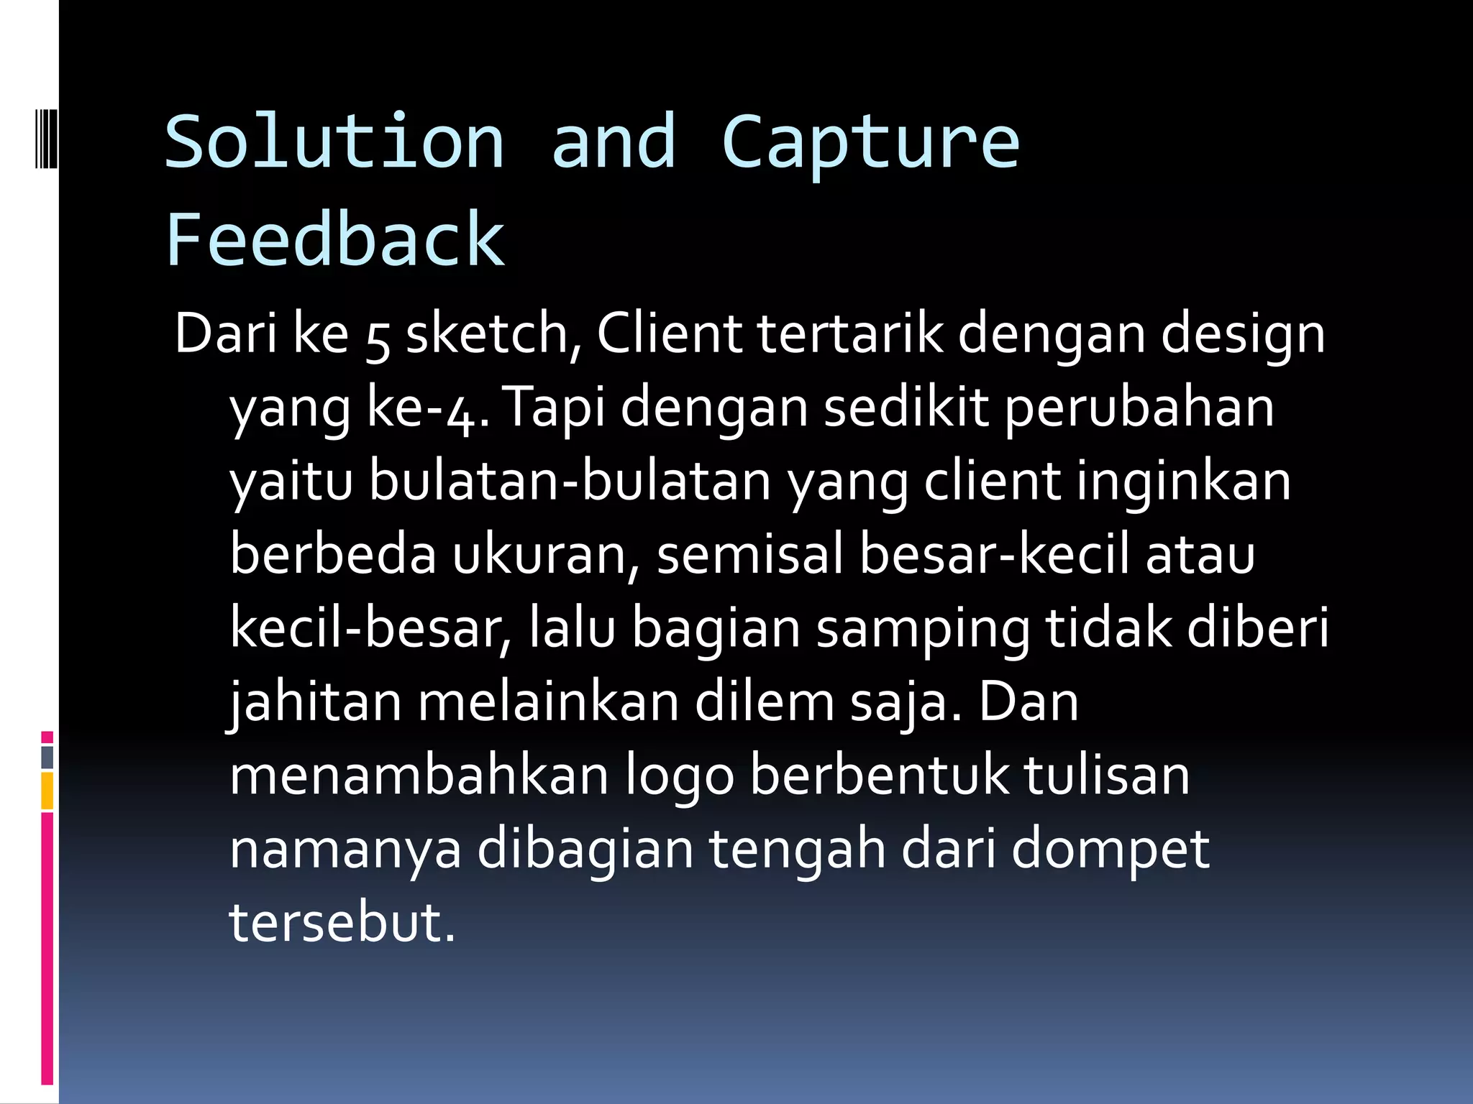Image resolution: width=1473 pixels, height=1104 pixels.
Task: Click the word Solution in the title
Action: [334, 142]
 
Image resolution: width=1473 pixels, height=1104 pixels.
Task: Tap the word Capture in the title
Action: [870, 144]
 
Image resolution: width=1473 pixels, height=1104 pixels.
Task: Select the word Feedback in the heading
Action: [335, 239]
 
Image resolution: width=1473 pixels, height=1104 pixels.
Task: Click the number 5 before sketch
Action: [378, 338]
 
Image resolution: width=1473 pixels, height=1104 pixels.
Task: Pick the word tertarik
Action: [850, 334]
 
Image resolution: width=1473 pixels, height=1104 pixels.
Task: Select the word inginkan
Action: [1184, 482]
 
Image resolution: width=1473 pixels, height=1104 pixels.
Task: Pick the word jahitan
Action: [315, 703]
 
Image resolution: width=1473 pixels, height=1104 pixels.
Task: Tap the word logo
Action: [680, 776]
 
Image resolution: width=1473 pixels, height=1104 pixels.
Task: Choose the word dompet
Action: [1111, 850]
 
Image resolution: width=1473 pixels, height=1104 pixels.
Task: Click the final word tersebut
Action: [342, 923]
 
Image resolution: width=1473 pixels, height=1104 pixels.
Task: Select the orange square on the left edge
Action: [47, 791]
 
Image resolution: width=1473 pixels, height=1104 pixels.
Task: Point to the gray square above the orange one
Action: [47, 757]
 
